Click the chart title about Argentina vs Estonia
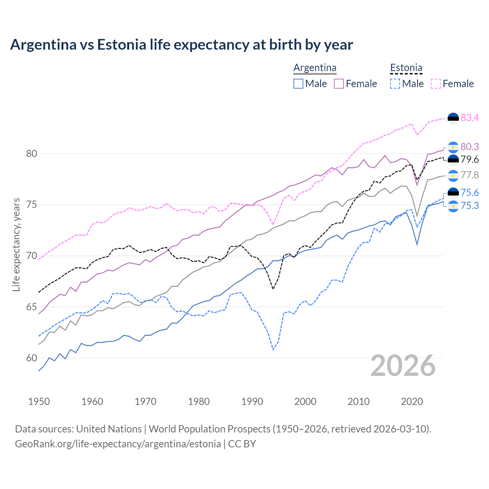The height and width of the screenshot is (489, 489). (x=181, y=45)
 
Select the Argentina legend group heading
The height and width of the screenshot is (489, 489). (x=315, y=68)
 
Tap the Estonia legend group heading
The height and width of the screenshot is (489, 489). (x=406, y=68)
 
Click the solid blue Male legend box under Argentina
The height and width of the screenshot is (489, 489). (x=298, y=84)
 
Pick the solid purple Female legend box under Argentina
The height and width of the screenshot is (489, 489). (x=339, y=84)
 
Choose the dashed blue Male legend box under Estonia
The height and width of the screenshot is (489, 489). (x=395, y=84)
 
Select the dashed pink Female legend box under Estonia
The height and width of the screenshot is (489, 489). (x=436, y=84)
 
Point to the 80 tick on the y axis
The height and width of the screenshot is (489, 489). (x=31, y=154)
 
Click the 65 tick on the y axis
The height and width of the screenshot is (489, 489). (x=31, y=307)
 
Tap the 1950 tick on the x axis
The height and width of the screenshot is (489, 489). (x=39, y=402)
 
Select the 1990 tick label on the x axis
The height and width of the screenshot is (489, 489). (x=252, y=402)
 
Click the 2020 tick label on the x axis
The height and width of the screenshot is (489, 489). (x=412, y=402)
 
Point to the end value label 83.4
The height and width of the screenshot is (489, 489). (x=470, y=118)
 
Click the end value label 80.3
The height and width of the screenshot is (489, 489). (x=470, y=147)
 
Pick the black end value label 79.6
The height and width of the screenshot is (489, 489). (x=470, y=160)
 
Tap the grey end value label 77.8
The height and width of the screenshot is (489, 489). (x=470, y=175)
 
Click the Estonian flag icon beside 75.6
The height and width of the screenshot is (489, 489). (x=453, y=193)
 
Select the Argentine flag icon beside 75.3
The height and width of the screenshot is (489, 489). (x=453, y=206)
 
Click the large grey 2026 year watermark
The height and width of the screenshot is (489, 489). (x=403, y=366)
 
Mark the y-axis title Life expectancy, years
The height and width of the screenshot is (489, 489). (x=16, y=244)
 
